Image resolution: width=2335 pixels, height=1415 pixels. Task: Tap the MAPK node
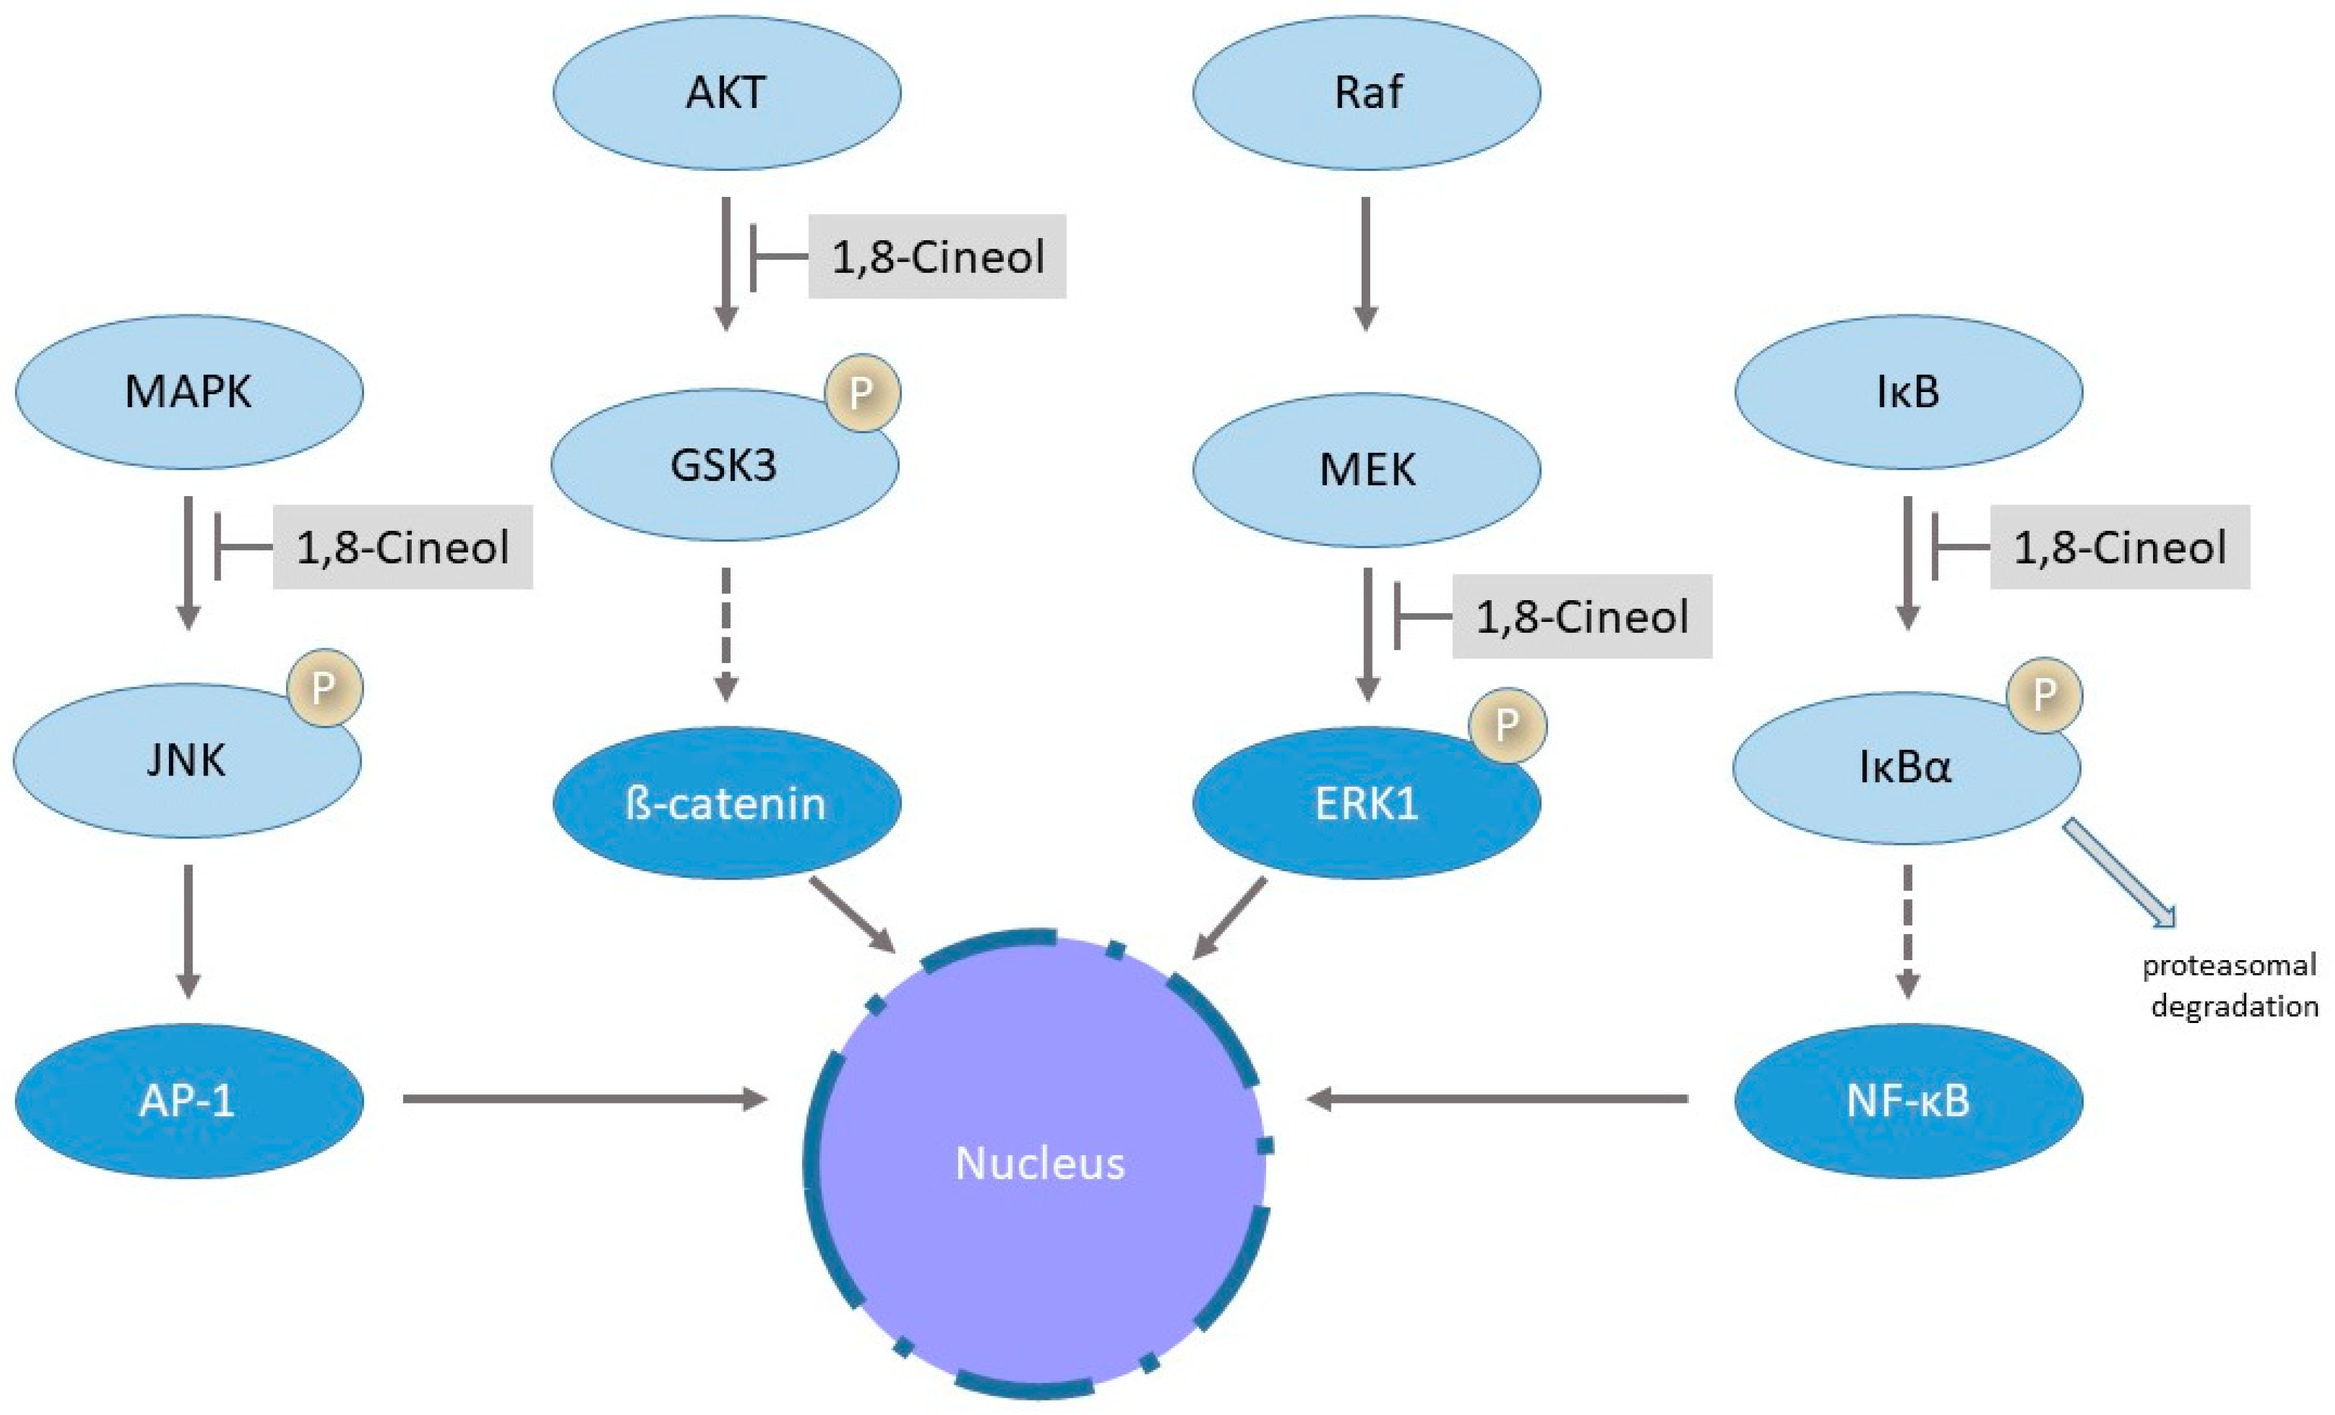189,391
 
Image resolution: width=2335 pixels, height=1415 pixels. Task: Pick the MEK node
1367,470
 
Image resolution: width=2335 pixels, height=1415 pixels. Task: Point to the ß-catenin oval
726,804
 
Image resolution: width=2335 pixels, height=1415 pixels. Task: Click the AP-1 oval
189,1100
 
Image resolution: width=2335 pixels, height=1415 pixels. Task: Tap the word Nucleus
1040,1163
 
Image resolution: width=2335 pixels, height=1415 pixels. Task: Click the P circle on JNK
324,687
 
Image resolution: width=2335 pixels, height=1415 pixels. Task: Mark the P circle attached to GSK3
861,393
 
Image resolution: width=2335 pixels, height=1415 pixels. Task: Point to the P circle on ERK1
1507,725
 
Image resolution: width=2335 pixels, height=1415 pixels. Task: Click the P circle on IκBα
2044,694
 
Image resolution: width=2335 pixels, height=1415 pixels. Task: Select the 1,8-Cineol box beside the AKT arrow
937,257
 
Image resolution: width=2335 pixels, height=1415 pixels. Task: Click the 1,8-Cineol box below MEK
1582,616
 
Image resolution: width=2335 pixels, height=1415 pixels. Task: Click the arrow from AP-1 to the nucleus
583,1100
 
